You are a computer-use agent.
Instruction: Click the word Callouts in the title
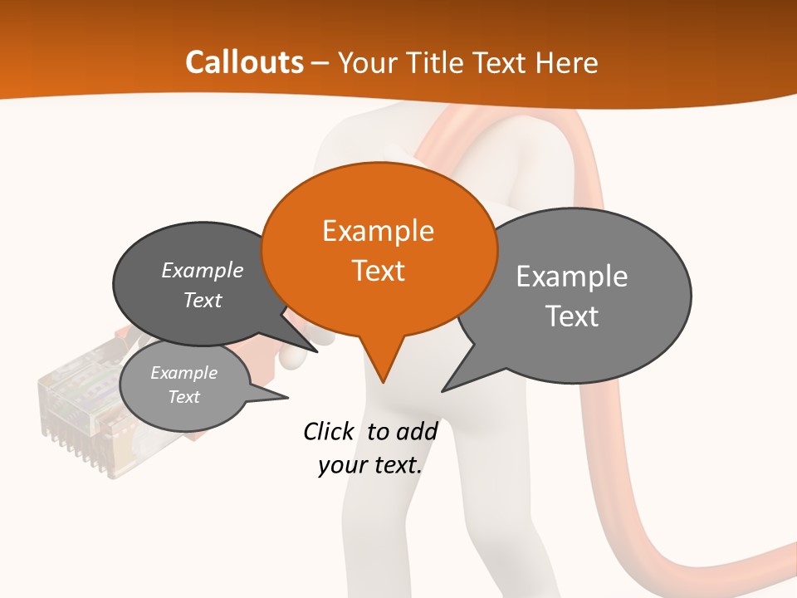click(244, 62)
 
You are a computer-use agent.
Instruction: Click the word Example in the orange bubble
click(378, 231)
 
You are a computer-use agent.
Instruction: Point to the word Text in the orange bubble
click(378, 271)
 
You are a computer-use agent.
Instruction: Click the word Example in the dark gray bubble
click(203, 270)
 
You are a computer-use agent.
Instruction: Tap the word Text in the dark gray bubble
click(203, 300)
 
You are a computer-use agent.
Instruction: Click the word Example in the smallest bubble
click(183, 373)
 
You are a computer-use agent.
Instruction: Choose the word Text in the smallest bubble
click(183, 397)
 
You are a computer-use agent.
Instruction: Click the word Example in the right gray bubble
click(572, 277)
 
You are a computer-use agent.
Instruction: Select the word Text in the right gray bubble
click(572, 316)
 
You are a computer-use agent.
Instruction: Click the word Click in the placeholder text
click(328, 431)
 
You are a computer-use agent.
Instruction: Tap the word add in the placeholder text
click(418, 431)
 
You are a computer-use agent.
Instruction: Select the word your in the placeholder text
click(341, 465)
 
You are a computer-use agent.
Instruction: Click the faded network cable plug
click(79, 411)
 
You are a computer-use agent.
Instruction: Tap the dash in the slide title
click(320, 63)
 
